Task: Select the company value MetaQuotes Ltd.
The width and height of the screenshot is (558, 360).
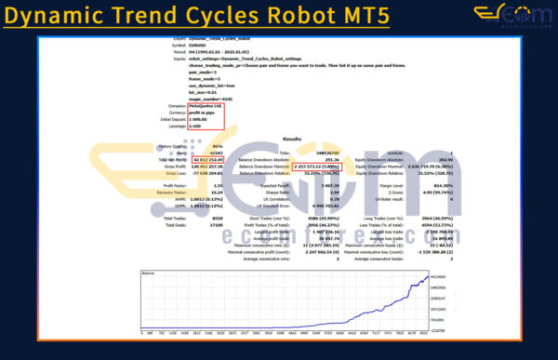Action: [205, 107]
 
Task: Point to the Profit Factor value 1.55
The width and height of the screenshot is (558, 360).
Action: [216, 186]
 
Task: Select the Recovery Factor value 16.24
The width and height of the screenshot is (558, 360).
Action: [215, 193]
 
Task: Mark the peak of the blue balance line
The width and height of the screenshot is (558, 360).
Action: [428, 276]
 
